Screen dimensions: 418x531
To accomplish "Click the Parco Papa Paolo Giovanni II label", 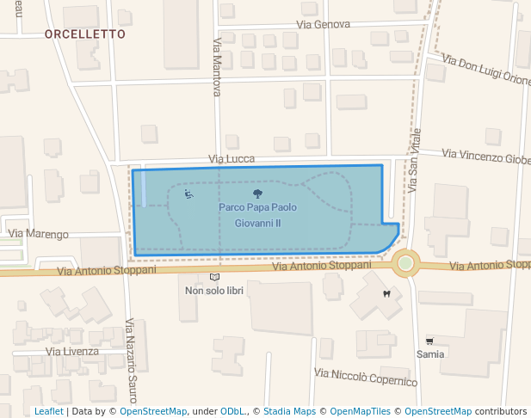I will tap(257, 215).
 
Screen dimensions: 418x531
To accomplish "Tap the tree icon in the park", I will tap(257, 194).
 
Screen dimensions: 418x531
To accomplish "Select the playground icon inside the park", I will tap(188, 194).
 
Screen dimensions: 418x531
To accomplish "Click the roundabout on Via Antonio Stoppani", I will tap(405, 262).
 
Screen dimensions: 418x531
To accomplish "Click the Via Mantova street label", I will tap(217, 66).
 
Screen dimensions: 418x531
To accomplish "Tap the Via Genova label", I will tap(324, 24).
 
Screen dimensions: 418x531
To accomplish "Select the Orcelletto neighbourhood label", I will tap(84, 34).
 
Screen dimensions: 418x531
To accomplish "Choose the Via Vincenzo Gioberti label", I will tap(486, 157).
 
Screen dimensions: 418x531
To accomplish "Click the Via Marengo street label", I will tap(38, 234).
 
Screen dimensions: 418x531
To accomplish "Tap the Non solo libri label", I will tap(214, 291).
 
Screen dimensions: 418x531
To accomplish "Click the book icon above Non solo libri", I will tap(214, 277).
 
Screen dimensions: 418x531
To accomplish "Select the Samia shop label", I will tap(430, 353).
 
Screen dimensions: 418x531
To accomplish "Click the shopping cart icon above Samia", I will tap(429, 341).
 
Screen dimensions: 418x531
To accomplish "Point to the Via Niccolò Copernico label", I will tap(366, 377).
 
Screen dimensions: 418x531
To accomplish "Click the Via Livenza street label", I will tap(72, 351).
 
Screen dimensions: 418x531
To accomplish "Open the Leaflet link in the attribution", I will tap(48, 411).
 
